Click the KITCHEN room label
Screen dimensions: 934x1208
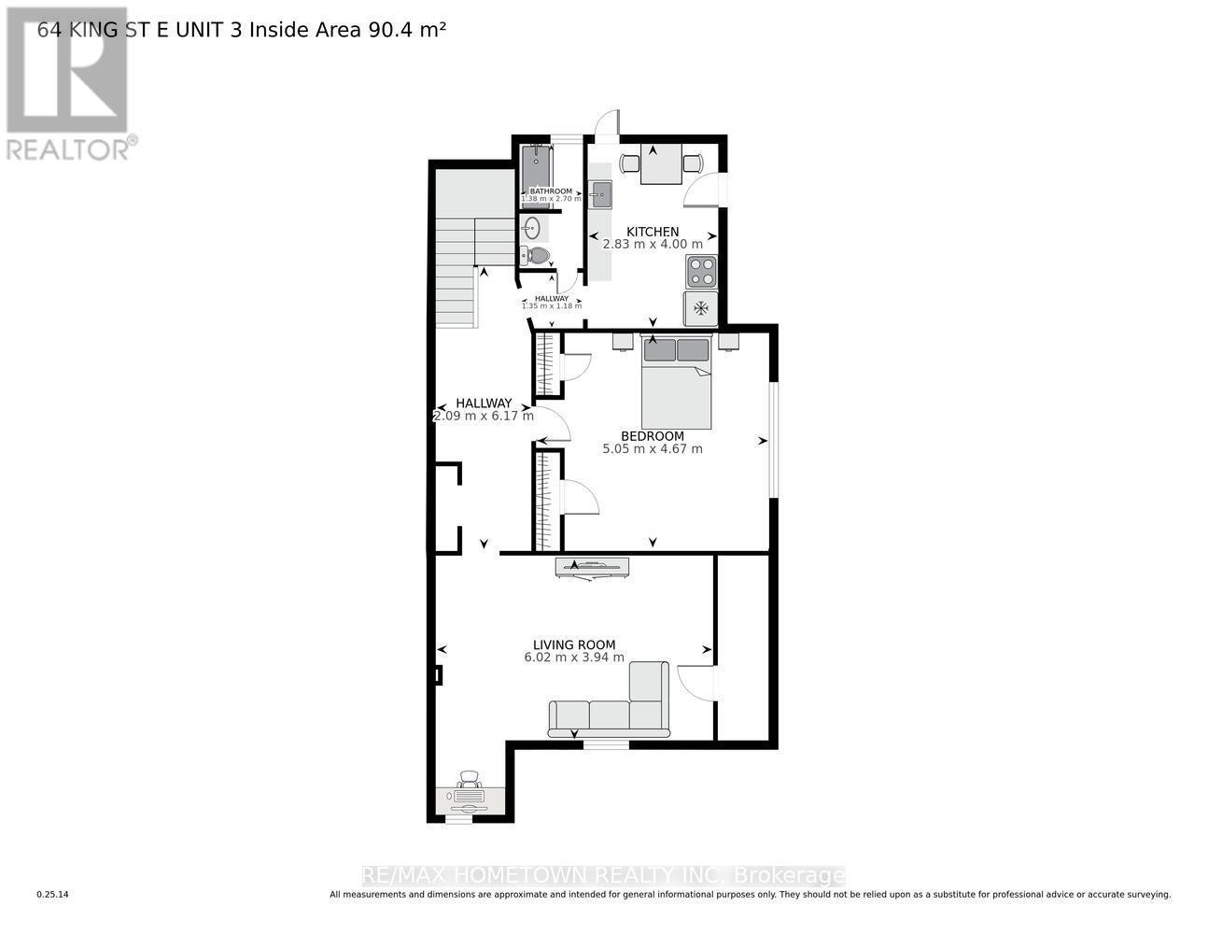[653, 232]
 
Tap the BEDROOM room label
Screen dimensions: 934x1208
[653, 436]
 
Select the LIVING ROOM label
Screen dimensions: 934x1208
[574, 644]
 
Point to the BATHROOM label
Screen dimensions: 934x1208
[551, 191]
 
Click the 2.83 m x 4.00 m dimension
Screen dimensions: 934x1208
[653, 245]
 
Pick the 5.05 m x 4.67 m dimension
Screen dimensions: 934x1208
[653, 449]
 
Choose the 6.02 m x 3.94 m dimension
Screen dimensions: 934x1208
[574, 658]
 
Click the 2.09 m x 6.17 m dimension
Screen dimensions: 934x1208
[484, 417]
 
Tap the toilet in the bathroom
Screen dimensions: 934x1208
[536, 255]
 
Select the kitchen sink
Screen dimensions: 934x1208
[600, 195]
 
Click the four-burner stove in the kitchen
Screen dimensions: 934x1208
[701, 272]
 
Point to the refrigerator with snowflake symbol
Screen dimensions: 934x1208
[701, 308]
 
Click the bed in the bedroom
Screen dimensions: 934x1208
[676, 383]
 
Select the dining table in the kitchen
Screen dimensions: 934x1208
[661, 165]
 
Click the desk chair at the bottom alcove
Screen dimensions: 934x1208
[469, 778]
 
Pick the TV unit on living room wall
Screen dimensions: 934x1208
[592, 567]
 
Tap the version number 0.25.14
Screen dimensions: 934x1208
[52, 895]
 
